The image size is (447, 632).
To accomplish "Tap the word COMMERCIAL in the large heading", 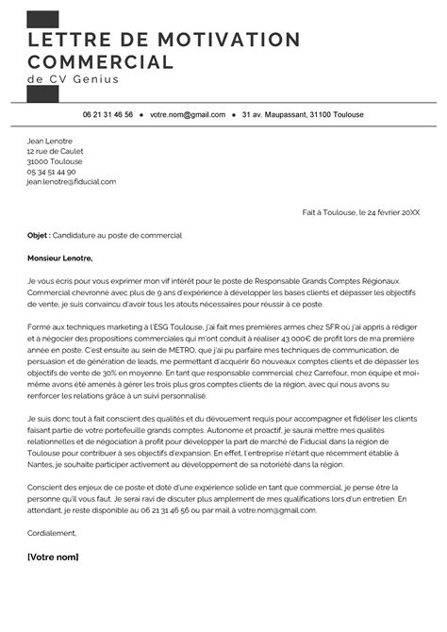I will coord(101,62).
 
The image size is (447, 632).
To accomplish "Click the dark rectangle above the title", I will coord(43,18).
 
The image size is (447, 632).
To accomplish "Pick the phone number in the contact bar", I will coord(108,114).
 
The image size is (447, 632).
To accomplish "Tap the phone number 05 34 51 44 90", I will coord(52,172).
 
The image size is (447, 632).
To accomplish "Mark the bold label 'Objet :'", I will coord(40,234).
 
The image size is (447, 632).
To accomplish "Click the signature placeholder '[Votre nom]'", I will coord(54,557).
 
